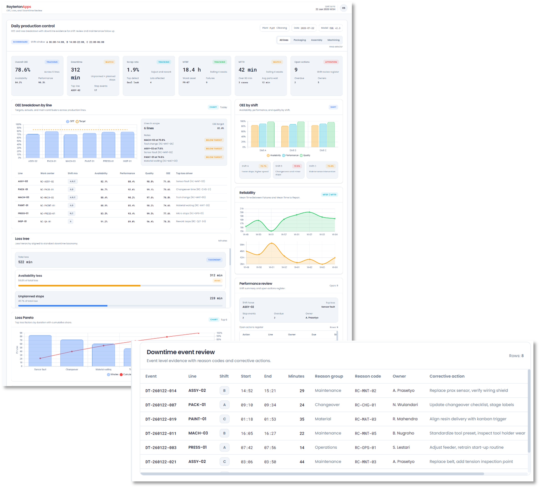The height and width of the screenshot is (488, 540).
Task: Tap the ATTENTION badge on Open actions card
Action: [x=331, y=62]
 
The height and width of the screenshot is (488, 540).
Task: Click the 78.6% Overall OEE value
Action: [x=23, y=70]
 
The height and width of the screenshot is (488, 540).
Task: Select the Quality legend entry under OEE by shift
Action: [x=305, y=156]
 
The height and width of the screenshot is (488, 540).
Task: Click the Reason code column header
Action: [x=368, y=376]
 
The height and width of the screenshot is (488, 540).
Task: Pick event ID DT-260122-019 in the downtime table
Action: [x=161, y=419]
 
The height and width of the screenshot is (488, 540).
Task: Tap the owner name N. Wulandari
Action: [x=405, y=405]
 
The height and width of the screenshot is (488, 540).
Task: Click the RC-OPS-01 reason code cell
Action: [x=365, y=448]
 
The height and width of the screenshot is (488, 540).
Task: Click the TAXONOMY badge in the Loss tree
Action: [x=214, y=260]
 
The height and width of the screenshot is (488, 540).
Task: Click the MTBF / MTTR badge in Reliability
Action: [x=329, y=195]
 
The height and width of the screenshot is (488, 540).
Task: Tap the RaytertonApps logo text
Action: [x=19, y=7]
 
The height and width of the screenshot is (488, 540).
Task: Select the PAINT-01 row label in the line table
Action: [x=23, y=205]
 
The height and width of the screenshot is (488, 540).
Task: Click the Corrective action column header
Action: [x=447, y=376]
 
